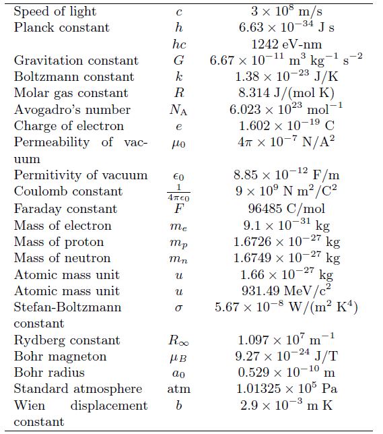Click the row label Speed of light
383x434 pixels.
(x=55, y=11)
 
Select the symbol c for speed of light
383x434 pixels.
(x=178, y=12)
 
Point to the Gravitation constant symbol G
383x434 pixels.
(x=178, y=61)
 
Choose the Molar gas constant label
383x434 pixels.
(x=71, y=93)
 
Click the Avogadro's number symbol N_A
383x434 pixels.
(x=178, y=110)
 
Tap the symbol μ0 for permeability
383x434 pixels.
(x=178, y=144)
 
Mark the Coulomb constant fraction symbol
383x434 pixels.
(x=178, y=191)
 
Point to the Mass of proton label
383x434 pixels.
(x=59, y=242)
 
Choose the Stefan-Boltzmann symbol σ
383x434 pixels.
(x=178, y=308)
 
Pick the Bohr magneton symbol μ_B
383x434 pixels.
(x=178, y=357)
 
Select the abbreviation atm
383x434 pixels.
(x=178, y=389)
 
